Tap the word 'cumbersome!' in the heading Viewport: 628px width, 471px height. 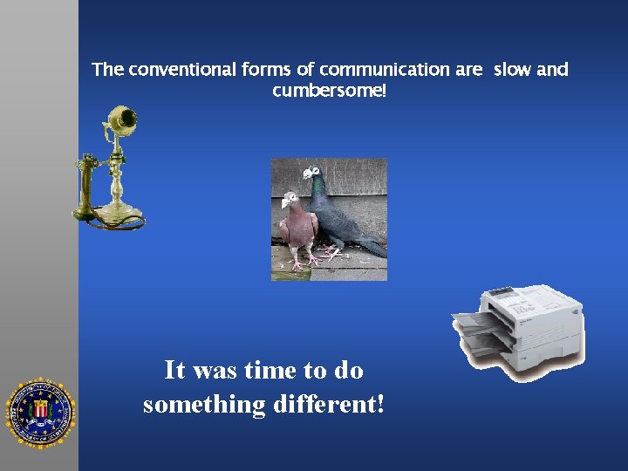click(329, 91)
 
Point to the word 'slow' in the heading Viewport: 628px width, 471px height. click(512, 70)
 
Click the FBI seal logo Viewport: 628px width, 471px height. click(40, 413)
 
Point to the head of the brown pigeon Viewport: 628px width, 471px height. click(289, 201)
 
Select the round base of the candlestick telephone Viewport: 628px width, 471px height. click(118, 214)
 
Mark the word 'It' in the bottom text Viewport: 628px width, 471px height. click(174, 371)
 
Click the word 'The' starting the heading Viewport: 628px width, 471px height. click(108, 70)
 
